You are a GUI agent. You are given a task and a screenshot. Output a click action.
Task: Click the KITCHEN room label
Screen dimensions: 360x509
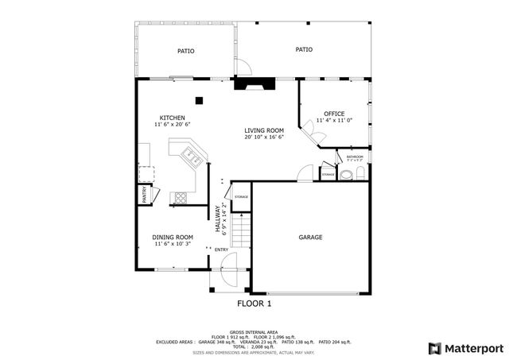[x=173, y=117]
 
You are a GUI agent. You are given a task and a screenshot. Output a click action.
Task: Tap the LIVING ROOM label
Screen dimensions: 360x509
[x=264, y=130]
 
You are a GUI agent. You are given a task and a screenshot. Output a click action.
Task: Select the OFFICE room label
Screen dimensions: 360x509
[x=334, y=114]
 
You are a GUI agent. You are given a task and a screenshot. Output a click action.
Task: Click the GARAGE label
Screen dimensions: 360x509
[x=310, y=238]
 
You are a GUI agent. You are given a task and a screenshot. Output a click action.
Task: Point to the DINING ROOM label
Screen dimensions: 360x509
[x=173, y=237]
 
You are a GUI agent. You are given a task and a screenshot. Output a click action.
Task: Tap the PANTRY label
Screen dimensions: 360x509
[x=145, y=194]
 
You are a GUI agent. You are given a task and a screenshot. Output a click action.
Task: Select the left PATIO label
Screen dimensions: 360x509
[x=185, y=51]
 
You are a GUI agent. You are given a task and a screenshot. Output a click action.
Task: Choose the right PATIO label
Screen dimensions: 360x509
[x=304, y=49]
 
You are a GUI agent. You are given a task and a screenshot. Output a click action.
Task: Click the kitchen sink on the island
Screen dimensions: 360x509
[x=191, y=156]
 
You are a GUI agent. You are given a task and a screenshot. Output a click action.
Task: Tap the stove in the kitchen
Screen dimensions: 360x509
[x=181, y=196]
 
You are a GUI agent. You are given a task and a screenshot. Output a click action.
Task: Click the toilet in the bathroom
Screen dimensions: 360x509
[x=357, y=174]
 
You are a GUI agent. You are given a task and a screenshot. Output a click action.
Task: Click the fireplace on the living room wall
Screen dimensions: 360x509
[x=254, y=83]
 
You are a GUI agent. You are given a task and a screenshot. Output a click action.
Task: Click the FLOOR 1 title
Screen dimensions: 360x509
[x=254, y=304]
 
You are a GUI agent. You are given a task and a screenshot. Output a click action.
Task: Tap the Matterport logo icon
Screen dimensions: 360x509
[x=433, y=348]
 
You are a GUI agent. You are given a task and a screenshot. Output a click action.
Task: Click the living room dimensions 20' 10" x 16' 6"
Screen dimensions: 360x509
[x=264, y=137]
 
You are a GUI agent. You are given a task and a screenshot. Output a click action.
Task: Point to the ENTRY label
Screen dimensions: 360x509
[x=221, y=250]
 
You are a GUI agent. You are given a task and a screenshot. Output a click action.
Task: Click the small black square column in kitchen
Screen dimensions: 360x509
[x=200, y=100]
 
